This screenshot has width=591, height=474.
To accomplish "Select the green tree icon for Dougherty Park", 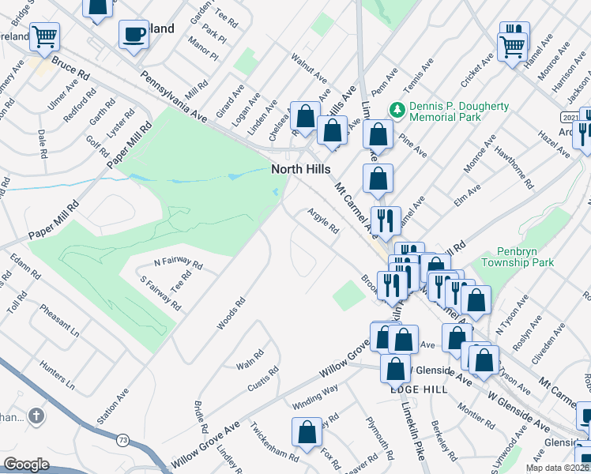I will pyautogui.click(x=399, y=109).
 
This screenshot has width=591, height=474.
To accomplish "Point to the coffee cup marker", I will pyautogui.click(x=134, y=35).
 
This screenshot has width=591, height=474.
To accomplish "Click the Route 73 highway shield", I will pyautogui.click(x=121, y=439).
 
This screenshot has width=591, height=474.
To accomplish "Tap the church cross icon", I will pyautogui.click(x=36, y=416).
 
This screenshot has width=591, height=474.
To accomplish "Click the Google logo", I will pyautogui.click(x=26, y=465).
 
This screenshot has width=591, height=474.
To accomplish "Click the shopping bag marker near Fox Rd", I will pyautogui.click(x=307, y=432).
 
